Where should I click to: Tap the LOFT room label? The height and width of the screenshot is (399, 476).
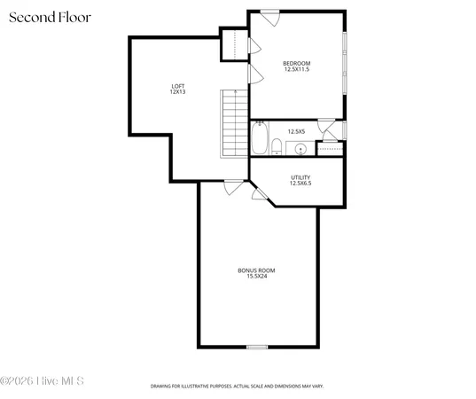177,85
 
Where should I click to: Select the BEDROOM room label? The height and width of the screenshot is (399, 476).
296,62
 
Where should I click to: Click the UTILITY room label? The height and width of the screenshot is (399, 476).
300,176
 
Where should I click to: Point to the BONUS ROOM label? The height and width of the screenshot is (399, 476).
256,270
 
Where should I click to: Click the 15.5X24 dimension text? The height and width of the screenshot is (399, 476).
256,276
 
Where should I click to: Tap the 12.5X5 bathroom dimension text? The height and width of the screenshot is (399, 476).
296,131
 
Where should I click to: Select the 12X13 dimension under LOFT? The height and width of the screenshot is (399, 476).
177,91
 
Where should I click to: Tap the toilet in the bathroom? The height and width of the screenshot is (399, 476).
277,146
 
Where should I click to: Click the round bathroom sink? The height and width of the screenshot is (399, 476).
300,147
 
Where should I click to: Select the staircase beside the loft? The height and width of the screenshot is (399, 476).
233,123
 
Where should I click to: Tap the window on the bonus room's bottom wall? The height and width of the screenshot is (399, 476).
256,346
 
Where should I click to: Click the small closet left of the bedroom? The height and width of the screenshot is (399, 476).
233,44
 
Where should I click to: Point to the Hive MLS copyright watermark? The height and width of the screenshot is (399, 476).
43,380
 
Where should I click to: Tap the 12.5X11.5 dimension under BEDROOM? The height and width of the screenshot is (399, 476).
296,69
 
